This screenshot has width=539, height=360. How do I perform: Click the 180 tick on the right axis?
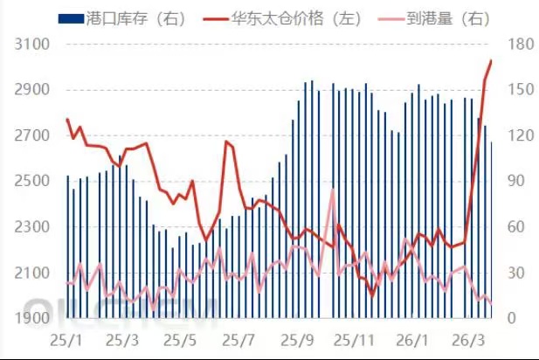[x=515, y=44]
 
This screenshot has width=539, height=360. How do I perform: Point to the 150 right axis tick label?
[x=515, y=90]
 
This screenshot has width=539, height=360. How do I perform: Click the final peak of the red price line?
[x=491, y=60]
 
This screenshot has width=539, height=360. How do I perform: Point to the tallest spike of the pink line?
[x=333, y=190]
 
